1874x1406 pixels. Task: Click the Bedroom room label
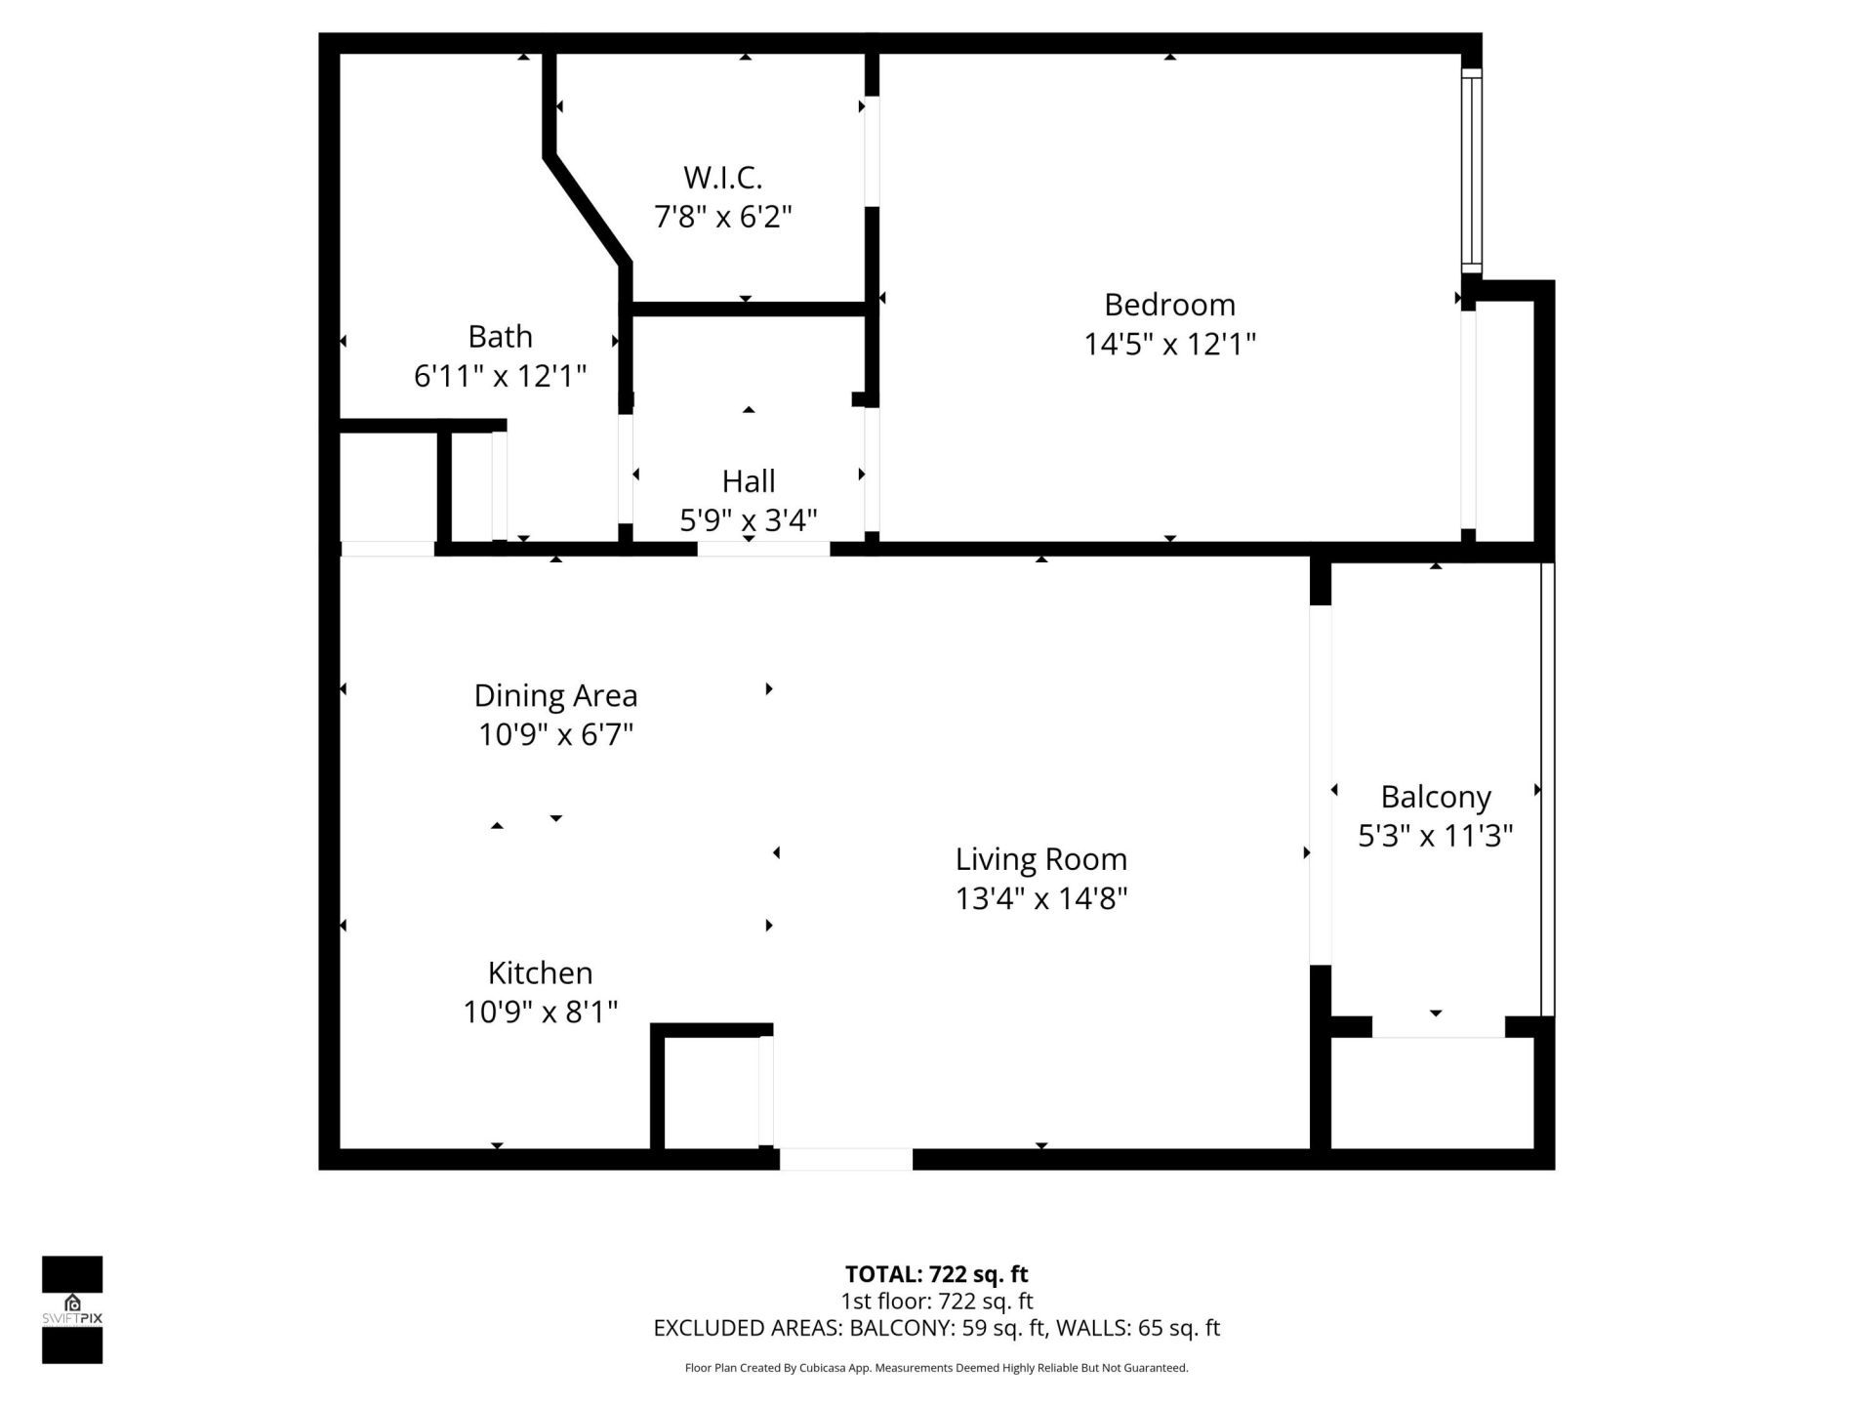pos(1169,305)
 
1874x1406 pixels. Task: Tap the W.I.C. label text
pos(722,178)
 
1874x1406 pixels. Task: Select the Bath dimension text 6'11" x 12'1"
pos(500,376)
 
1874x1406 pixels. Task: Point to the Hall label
pos(749,481)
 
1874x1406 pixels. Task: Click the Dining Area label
pos(555,696)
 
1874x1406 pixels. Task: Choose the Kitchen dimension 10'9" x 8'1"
pos(541,1013)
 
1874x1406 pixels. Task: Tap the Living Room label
pos(1040,859)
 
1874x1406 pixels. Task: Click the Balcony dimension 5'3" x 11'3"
pos(1435,837)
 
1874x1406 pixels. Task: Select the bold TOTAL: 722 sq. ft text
pos(936,1274)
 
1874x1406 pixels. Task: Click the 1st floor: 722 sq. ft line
pos(936,1302)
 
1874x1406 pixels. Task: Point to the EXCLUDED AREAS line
pos(936,1328)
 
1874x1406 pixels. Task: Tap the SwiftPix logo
pos(72,1308)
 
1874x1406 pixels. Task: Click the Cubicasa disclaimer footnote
pos(936,1368)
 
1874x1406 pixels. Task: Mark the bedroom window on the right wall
pos(1471,171)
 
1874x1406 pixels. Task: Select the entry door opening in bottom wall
pos(845,1159)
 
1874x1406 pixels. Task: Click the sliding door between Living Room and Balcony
pos(1320,785)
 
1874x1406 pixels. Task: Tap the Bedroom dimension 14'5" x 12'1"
pos(1169,345)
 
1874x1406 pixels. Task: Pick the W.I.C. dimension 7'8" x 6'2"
pos(722,217)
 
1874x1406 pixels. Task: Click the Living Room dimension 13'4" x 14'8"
pos(1040,898)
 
